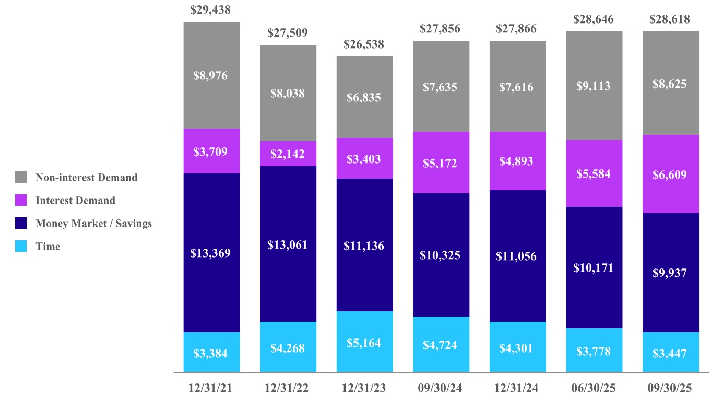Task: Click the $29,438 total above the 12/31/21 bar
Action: pyautogui.click(x=211, y=9)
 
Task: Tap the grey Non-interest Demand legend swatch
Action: pyautogui.click(x=21, y=178)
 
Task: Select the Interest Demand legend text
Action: pyautogui.click(x=75, y=201)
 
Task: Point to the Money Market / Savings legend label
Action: pyautogui.click(x=93, y=224)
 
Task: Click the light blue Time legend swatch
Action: pyautogui.click(x=21, y=247)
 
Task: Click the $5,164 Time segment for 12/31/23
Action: pyautogui.click(x=364, y=343)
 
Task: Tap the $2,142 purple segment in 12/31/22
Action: pyautogui.click(x=288, y=154)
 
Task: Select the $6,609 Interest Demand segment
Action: pyautogui.click(x=670, y=174)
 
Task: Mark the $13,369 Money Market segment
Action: pyautogui.click(x=211, y=253)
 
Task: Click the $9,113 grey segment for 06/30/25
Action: pyautogui.click(x=594, y=86)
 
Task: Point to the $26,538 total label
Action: pyautogui.click(x=364, y=44)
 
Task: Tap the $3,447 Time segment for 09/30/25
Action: pyautogui.click(x=670, y=353)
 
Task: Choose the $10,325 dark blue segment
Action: pyautogui.click(x=440, y=255)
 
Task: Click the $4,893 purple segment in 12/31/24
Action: pyautogui.click(x=516, y=161)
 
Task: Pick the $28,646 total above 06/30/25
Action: pyautogui.click(x=594, y=19)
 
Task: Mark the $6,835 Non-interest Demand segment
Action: pyautogui.click(x=364, y=97)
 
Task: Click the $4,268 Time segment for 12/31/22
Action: pyautogui.click(x=288, y=348)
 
